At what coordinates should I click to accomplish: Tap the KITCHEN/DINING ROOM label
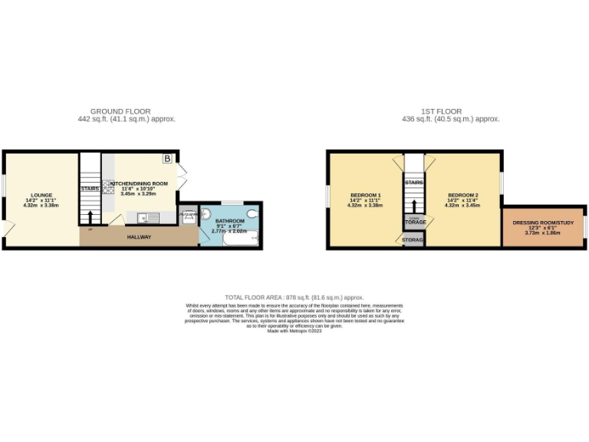pos(139,184)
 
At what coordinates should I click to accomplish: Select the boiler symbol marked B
pos(167,159)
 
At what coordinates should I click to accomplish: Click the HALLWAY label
pos(139,237)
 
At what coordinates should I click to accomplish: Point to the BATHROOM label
pos(229,221)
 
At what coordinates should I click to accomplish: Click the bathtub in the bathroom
pos(240,241)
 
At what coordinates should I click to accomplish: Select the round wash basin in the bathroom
pos(206,216)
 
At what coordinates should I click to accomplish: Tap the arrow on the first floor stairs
pos(414,206)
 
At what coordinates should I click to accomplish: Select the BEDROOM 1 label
pos(364,196)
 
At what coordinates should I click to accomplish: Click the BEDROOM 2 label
pos(463,196)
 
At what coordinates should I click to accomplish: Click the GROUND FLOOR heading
pos(120,111)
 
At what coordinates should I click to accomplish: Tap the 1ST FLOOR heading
pos(450,111)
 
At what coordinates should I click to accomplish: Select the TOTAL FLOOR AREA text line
pos(294,297)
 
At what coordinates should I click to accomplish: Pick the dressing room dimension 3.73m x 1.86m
pos(543,233)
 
